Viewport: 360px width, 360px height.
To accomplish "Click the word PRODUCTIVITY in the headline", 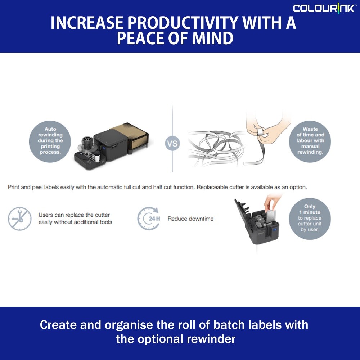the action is [183, 23].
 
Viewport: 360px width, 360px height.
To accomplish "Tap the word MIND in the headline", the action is [213, 38].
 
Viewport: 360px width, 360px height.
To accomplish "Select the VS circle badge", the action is [172, 144].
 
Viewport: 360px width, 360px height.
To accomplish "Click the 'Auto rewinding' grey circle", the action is [50, 141].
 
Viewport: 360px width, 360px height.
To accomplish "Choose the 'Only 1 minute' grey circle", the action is [310, 219].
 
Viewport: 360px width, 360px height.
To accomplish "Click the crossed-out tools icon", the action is [20, 219].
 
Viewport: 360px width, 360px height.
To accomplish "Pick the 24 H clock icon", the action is [149, 219].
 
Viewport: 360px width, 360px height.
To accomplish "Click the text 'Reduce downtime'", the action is [190, 219].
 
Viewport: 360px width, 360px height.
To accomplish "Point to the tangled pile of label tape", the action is [216, 148].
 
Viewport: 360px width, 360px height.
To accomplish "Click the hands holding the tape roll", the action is [267, 129].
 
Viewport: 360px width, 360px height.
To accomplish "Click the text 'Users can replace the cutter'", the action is [74, 215].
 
